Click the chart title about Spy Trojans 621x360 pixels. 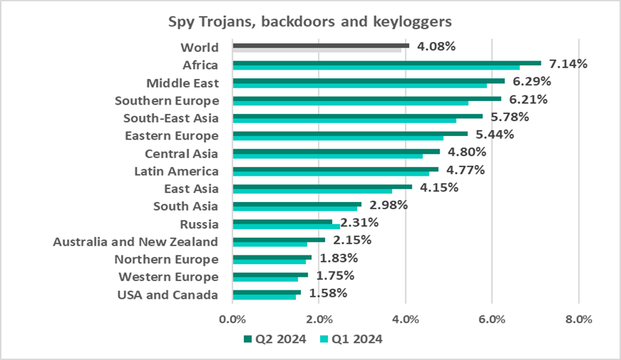point(309,23)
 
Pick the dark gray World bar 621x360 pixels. point(320,45)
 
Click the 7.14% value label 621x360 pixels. point(567,64)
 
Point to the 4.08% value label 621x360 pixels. point(435,47)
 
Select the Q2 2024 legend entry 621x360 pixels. point(275,339)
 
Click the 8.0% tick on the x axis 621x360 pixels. point(578,319)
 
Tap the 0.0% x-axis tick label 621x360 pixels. point(233,319)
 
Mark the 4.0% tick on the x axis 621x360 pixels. point(405,319)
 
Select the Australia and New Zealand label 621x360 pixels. point(136,242)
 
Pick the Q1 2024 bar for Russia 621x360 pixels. point(286,228)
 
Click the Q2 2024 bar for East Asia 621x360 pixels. point(322,186)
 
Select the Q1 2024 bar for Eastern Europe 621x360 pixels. point(338,139)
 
